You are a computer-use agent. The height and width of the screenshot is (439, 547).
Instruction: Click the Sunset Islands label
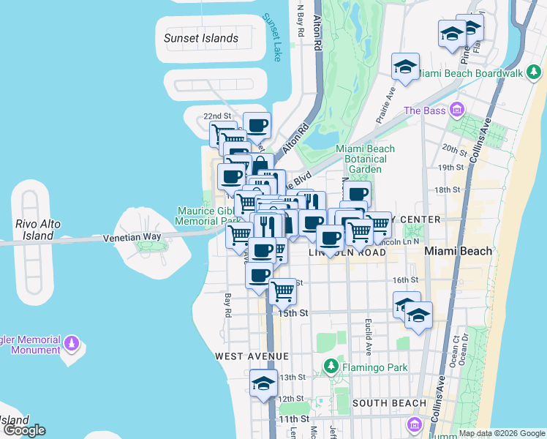(201, 38)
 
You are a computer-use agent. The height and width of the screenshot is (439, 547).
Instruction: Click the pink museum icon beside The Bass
(458, 110)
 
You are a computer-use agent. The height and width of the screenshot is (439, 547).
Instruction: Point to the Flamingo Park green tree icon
(331, 364)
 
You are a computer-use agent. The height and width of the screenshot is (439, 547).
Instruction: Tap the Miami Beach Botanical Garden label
(365, 159)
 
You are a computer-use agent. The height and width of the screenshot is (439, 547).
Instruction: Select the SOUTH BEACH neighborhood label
(388, 403)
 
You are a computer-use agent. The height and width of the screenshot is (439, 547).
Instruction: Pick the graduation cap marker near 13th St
(263, 383)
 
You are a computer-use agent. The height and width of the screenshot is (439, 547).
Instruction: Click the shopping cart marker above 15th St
(282, 290)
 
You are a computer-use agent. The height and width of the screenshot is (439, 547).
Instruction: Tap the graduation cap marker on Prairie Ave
(404, 67)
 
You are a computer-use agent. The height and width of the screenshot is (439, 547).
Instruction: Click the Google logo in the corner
(23, 430)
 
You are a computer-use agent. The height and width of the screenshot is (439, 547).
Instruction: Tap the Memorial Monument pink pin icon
(72, 342)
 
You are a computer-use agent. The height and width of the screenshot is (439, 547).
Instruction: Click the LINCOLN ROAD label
(347, 252)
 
